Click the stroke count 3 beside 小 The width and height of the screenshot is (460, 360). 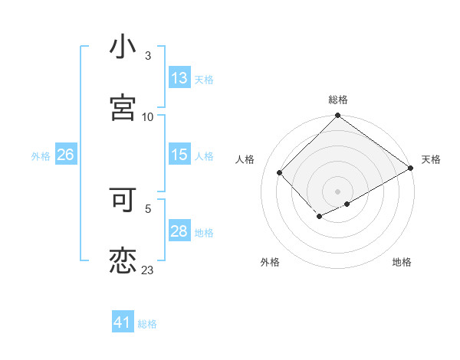tap(148, 55)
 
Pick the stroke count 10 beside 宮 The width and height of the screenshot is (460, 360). tap(148, 116)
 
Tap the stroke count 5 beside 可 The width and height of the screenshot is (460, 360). tap(148, 208)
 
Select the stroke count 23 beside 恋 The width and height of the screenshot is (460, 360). tap(148, 270)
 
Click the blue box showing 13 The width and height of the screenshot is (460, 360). tap(179, 78)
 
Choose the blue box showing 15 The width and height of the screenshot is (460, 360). tap(179, 155)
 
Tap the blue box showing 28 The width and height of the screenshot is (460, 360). tap(179, 231)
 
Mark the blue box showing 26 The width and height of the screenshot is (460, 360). tap(65, 155)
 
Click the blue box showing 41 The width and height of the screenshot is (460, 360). tap(123, 323)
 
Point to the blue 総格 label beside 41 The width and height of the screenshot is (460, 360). tap(147, 324)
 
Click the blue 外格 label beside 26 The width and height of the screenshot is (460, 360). tap(41, 155)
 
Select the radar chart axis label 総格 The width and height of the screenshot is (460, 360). tap(338, 100)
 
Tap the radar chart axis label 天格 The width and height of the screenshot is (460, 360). tap(431, 159)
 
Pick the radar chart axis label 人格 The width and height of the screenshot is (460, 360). tap(245, 159)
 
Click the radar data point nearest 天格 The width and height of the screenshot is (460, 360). tap(411, 169)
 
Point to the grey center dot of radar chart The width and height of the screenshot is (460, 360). tap(337, 191)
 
